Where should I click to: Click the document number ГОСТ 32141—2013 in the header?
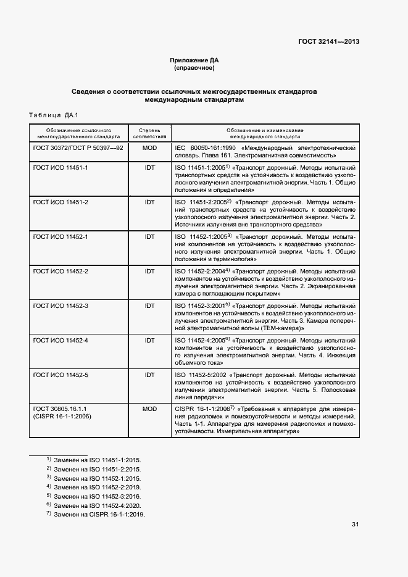328,42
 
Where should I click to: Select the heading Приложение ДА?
194,60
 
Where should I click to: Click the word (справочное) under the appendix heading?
194,68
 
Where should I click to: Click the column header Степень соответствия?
149,134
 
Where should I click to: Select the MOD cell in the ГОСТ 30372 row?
149,149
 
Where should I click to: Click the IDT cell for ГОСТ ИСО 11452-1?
149,237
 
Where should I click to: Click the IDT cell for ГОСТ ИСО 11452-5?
149,375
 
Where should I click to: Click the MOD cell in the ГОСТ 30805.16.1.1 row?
149,409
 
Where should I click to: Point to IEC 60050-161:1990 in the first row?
204,149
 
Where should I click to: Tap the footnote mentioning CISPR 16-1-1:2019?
95,515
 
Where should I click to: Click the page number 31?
355,525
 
